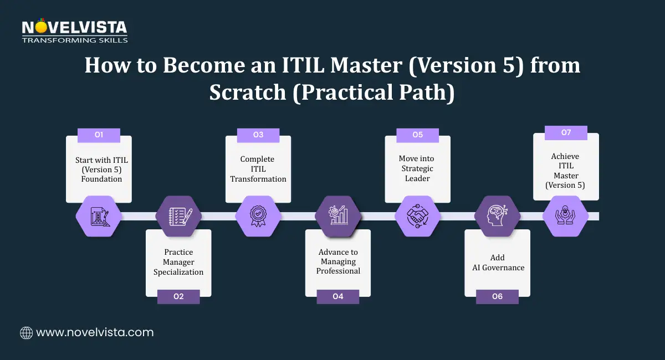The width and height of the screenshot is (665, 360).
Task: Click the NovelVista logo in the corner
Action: click(75, 31)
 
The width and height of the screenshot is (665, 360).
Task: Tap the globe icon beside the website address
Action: click(27, 332)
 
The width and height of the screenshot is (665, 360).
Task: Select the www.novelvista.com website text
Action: click(94, 332)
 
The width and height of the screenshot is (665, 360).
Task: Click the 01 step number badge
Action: click(99, 135)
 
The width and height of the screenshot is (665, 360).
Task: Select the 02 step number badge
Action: click(178, 297)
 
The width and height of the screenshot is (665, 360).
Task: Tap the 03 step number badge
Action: click(258, 135)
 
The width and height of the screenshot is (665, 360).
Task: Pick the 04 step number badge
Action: click(338, 297)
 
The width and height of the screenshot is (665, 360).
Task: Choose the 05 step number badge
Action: click(417, 135)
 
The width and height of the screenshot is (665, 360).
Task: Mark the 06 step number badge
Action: click(497, 297)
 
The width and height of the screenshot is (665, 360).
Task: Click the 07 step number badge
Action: click(566, 132)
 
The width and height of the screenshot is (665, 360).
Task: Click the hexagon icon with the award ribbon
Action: click(258, 215)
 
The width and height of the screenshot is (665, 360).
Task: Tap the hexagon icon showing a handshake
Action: click(417, 215)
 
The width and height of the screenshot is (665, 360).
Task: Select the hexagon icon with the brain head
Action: click(497, 215)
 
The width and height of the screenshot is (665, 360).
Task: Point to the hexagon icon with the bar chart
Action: click(338, 215)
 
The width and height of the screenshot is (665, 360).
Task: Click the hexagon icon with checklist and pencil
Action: click(178, 215)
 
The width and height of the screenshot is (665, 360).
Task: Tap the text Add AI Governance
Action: click(497, 263)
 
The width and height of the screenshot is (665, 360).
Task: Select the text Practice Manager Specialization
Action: click(178, 262)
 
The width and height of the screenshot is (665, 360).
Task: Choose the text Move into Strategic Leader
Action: click(417, 168)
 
